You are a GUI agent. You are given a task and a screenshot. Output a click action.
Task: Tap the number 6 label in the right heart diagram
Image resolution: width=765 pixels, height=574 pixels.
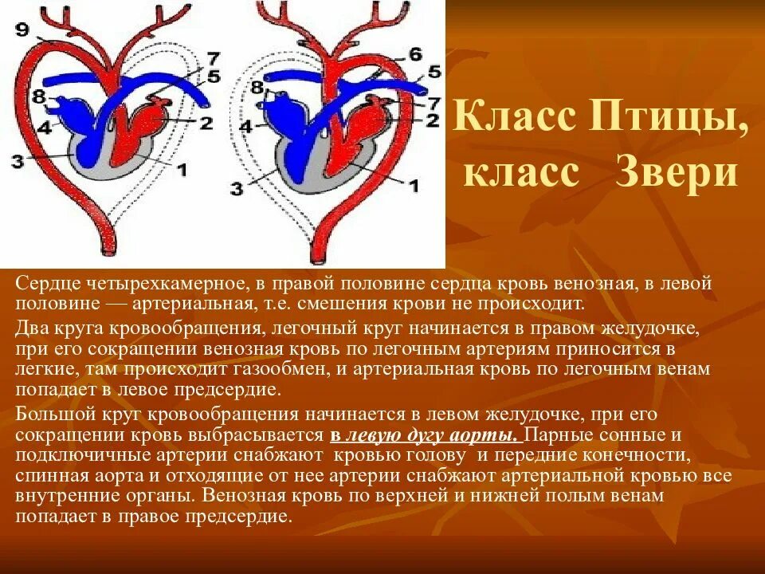point(415,54)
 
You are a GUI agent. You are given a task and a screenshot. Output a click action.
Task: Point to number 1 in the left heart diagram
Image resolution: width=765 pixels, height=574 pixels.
point(181,170)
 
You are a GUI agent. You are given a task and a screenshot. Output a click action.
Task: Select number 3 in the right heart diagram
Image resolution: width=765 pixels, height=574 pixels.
point(237,189)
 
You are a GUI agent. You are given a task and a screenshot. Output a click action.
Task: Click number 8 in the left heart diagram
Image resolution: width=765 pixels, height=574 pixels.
point(37,96)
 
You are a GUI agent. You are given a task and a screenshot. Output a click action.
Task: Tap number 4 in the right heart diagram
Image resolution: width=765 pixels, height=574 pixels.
point(246,126)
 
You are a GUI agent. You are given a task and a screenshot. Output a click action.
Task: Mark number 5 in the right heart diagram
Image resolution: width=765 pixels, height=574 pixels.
point(433,72)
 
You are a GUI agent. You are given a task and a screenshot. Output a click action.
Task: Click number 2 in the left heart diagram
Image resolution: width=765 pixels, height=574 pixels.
point(205,122)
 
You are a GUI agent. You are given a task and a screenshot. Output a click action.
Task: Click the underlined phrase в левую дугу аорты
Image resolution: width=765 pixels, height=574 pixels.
point(424,436)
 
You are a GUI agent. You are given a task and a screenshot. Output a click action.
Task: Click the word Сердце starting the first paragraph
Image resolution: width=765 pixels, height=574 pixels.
point(45,285)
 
